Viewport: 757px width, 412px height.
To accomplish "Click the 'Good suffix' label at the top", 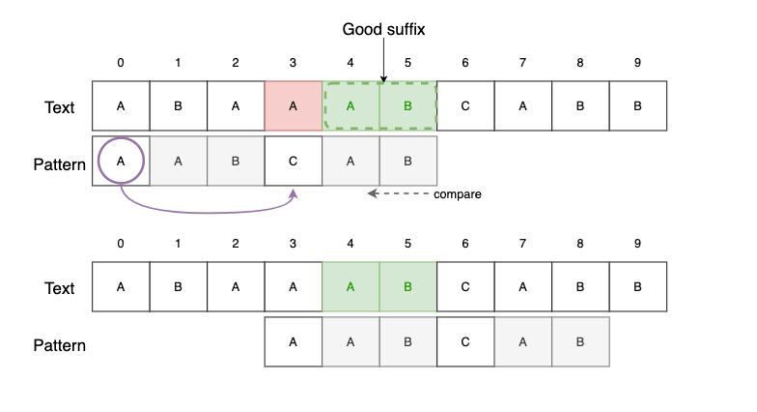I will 383,30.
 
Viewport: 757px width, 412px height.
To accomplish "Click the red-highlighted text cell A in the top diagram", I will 294,106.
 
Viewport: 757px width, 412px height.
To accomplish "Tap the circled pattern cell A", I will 121,162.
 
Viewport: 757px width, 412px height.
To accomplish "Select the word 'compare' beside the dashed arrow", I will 458,194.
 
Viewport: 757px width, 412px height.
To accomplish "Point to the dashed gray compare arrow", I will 397,194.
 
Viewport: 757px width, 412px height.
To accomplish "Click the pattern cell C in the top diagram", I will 294,162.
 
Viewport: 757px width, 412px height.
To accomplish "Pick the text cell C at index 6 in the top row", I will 465,106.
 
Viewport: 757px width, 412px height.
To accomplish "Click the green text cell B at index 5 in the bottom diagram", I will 408,287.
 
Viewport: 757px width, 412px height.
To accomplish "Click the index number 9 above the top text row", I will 637,64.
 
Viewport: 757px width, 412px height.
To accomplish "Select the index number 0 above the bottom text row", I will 121,247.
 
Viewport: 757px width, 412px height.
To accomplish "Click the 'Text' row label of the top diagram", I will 60,106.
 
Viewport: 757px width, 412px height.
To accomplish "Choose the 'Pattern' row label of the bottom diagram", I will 60,344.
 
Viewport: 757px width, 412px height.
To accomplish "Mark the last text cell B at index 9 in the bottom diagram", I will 637,287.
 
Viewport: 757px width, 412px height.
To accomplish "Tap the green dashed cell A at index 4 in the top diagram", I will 350,106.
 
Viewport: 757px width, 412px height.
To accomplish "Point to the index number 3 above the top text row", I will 294,64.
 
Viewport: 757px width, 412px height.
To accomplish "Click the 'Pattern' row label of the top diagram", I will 60,163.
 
